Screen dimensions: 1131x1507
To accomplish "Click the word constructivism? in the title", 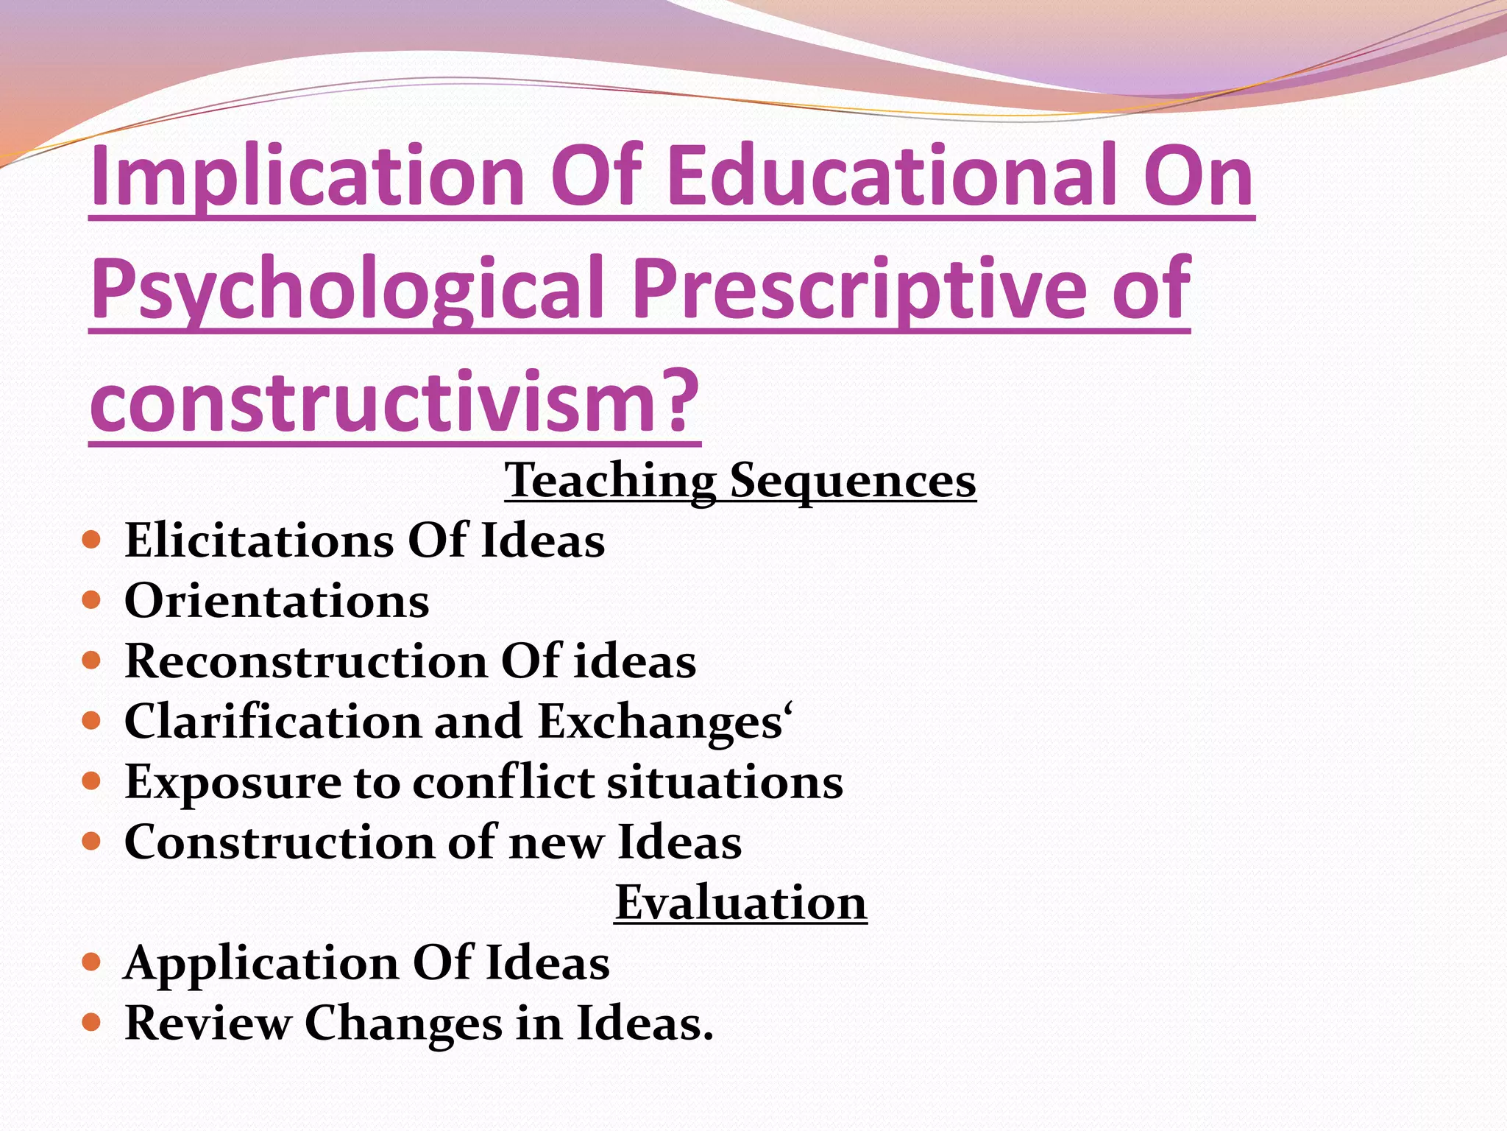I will [394, 403].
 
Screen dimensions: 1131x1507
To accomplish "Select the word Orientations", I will [277, 601].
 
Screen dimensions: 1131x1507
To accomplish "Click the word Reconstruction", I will [306, 660].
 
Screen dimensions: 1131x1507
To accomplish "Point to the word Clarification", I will [273, 721].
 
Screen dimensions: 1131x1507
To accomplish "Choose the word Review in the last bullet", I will [208, 1023].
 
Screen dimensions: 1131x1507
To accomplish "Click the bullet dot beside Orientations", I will [91, 602].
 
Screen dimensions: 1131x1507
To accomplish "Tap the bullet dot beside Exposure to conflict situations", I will [91, 782].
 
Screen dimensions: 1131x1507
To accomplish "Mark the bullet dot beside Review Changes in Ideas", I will [91, 1023].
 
